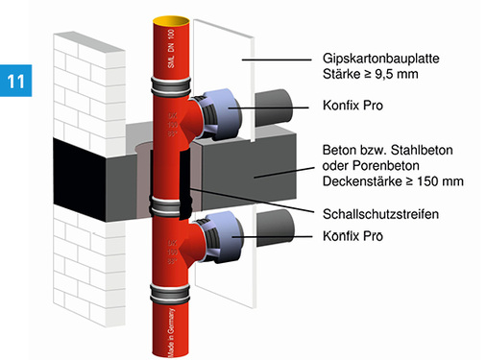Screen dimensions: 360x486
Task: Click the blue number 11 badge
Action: [17, 81]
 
